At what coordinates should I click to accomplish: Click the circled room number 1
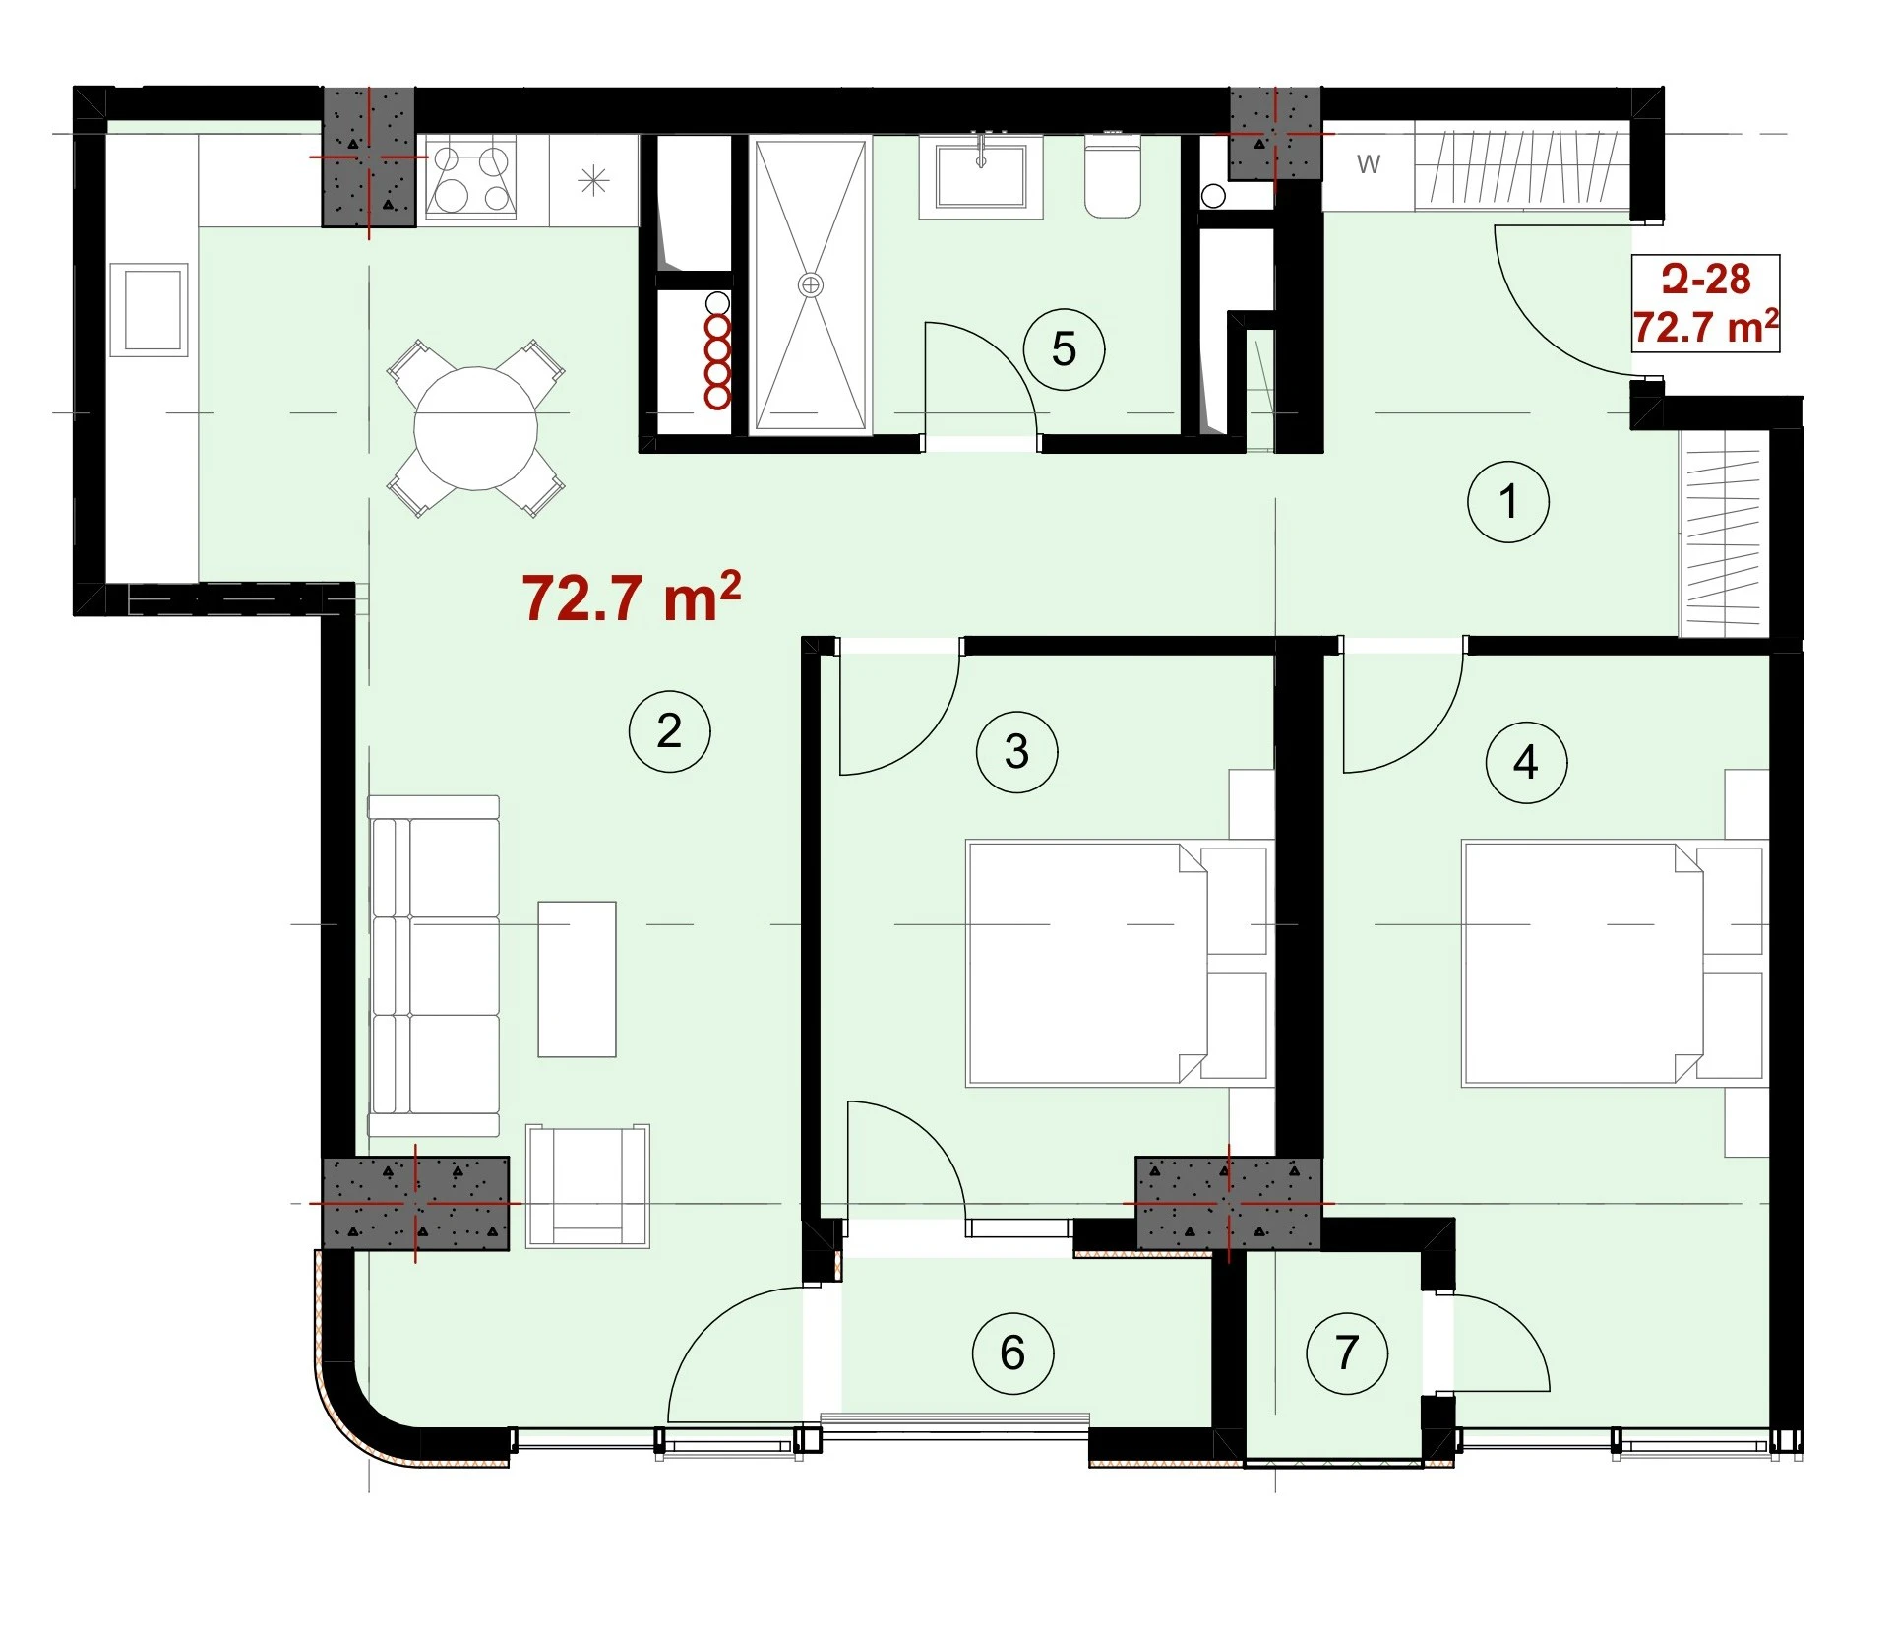(1508, 502)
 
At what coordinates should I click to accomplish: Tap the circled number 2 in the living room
(669, 731)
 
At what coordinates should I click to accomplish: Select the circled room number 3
(1017, 752)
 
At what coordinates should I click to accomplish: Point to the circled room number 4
(1526, 763)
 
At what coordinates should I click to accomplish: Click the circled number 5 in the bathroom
(1064, 349)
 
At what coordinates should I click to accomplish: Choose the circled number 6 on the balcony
(1012, 1353)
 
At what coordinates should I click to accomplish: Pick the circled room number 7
(1347, 1353)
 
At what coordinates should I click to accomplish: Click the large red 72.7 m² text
(631, 597)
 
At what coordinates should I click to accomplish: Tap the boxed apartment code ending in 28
(1706, 280)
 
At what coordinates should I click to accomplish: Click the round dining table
(476, 428)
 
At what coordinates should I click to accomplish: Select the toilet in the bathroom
(1113, 177)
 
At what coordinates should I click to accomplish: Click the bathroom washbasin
(981, 175)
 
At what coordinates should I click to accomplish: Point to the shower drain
(810, 285)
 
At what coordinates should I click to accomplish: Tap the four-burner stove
(470, 177)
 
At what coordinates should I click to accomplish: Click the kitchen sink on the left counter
(149, 309)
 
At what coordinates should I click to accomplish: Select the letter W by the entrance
(1369, 164)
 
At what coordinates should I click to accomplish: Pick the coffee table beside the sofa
(577, 979)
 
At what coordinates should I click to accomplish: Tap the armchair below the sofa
(587, 1186)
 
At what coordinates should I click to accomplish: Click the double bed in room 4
(1616, 963)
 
